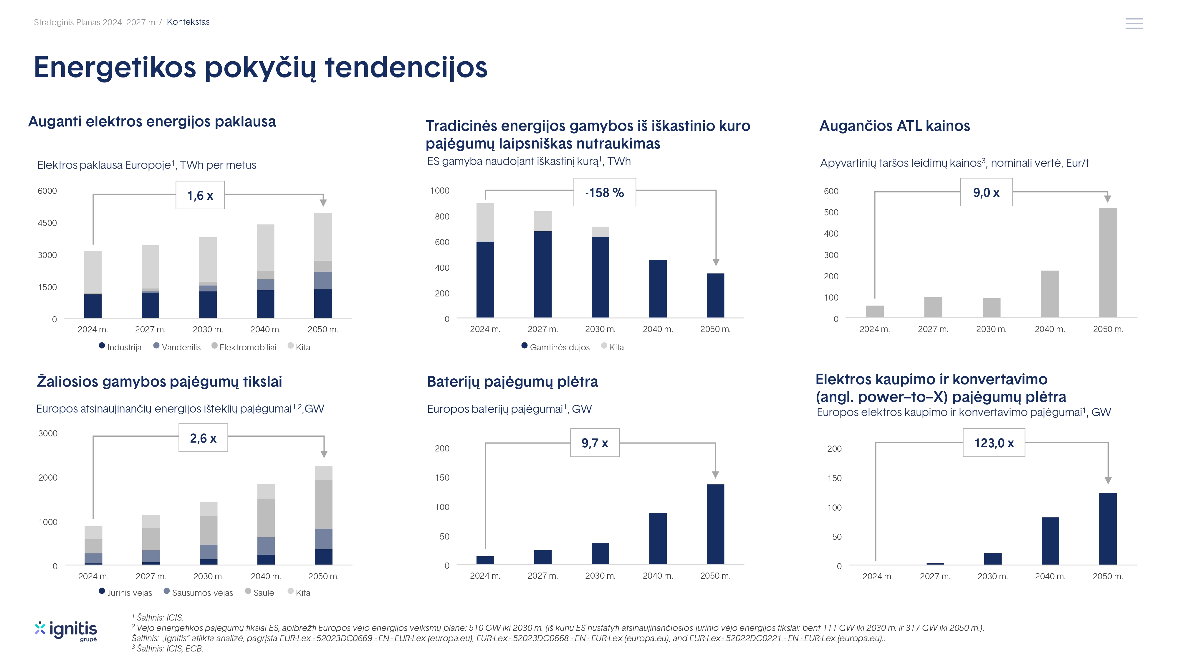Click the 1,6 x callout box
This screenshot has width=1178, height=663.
point(200,195)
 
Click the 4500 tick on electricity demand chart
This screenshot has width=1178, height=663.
point(47,223)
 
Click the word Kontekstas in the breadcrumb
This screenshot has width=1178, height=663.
point(188,22)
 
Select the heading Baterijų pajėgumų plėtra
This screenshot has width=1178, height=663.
point(512,382)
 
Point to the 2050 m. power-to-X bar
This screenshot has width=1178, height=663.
point(1108,528)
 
